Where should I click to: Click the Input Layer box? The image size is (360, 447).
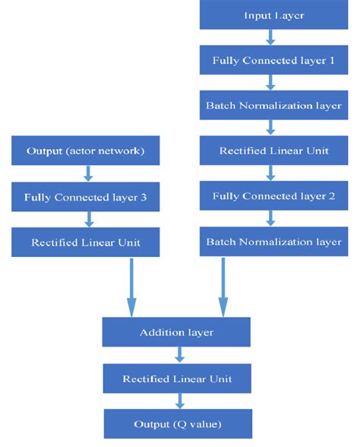(x=273, y=15)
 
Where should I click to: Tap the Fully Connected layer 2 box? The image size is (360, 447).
(x=273, y=195)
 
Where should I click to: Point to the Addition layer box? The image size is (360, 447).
(x=176, y=332)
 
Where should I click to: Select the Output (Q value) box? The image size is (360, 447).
(x=176, y=423)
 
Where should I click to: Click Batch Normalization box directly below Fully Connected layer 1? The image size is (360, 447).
(x=273, y=105)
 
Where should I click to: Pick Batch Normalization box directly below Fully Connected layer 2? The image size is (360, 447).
(x=273, y=241)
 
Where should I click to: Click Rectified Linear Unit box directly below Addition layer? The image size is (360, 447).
(x=176, y=378)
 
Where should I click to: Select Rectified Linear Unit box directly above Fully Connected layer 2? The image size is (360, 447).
(x=273, y=151)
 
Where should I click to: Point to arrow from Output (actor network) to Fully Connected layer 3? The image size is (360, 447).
(x=87, y=173)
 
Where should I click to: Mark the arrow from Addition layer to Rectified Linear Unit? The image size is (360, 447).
(x=180, y=355)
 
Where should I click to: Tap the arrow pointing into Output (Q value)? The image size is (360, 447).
(x=180, y=400)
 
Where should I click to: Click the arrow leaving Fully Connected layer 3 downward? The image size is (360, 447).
(x=87, y=219)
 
